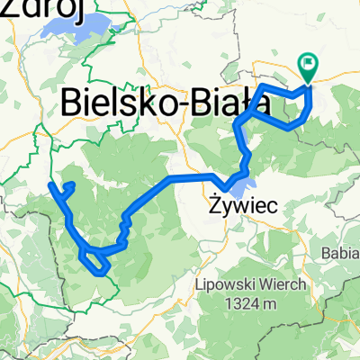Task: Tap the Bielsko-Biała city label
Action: [x=166, y=104]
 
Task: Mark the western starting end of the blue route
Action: [x=50, y=184]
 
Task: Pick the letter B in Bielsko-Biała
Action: [x=71, y=104]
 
